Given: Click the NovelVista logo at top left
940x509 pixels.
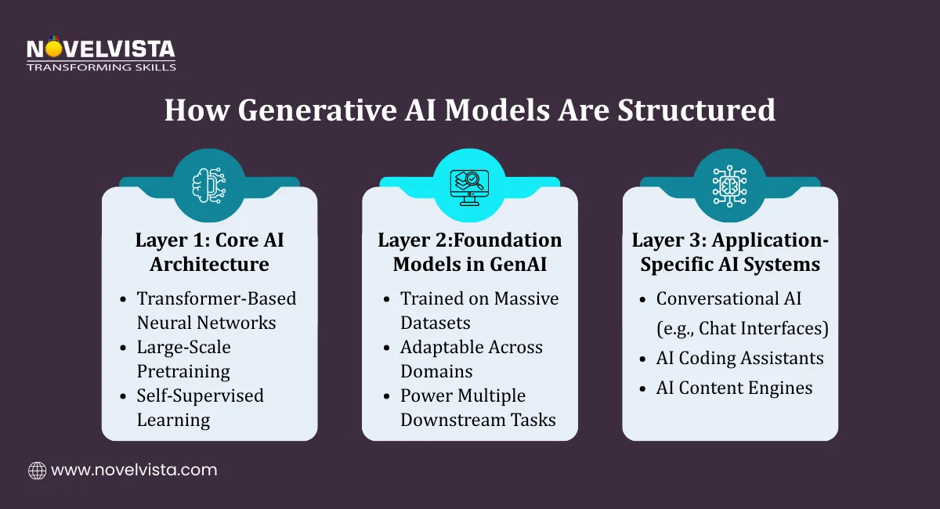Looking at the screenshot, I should [100, 53].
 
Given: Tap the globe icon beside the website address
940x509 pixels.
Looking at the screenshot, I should [37, 470].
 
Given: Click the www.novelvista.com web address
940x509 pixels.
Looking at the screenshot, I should [134, 470].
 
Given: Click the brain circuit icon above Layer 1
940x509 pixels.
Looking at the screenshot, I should [209, 186].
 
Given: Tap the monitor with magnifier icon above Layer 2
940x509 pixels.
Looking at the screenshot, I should [469, 186].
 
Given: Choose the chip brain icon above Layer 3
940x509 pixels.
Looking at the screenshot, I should [729, 186].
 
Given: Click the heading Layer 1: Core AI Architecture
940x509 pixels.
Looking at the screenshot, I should [209, 252].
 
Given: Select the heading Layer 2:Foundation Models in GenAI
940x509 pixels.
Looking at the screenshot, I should [469, 252].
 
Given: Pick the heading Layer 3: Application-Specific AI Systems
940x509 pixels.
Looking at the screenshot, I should [729, 252].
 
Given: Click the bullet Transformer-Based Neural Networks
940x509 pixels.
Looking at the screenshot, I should [215, 310].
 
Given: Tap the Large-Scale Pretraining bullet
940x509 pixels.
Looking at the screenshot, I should [184, 359].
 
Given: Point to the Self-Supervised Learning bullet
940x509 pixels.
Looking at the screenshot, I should [200, 407].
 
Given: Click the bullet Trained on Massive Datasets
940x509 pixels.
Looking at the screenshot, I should [479, 310].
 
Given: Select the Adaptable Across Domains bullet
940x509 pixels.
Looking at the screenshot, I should [471, 359].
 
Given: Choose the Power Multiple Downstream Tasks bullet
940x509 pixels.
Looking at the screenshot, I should [478, 407].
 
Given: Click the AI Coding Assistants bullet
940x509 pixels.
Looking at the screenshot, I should [739, 358].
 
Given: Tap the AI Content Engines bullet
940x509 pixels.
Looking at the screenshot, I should [734, 387].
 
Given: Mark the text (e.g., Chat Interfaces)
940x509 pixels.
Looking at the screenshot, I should [742, 328].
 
